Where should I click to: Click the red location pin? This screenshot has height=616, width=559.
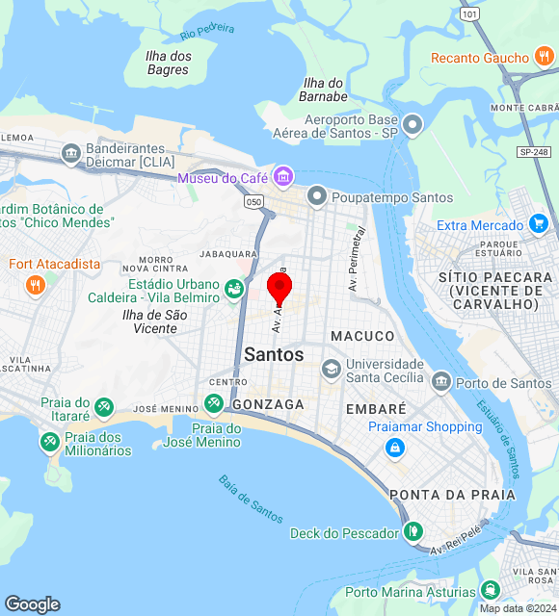pyautogui.click(x=279, y=287)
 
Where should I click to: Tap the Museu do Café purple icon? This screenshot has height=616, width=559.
pyautogui.click(x=282, y=176)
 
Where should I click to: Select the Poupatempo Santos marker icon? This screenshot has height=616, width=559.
pyautogui.click(x=316, y=197)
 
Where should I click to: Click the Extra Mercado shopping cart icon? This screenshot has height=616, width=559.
pyautogui.click(x=539, y=225)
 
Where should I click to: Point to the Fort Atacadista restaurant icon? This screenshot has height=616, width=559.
pyautogui.click(x=36, y=284)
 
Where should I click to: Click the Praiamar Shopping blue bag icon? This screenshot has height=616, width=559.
pyautogui.click(x=394, y=448)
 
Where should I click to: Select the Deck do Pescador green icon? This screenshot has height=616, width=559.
pyautogui.click(x=413, y=531)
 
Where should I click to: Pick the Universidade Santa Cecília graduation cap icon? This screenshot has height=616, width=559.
pyautogui.click(x=331, y=370)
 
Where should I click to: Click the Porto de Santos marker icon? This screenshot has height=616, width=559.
pyautogui.click(x=440, y=383)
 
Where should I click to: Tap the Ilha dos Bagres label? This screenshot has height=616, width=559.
pyautogui.click(x=169, y=63)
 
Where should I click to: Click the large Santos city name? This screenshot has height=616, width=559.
pyautogui.click(x=274, y=354)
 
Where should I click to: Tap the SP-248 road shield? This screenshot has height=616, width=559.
pyautogui.click(x=533, y=152)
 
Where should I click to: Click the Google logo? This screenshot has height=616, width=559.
pyautogui.click(x=32, y=604)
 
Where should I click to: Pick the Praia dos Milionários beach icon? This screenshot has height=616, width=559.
pyautogui.click(x=48, y=441)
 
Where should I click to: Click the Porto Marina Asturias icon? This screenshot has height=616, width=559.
pyautogui.click(x=491, y=590)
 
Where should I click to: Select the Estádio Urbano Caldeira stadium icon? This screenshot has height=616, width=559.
pyautogui.click(x=233, y=288)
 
